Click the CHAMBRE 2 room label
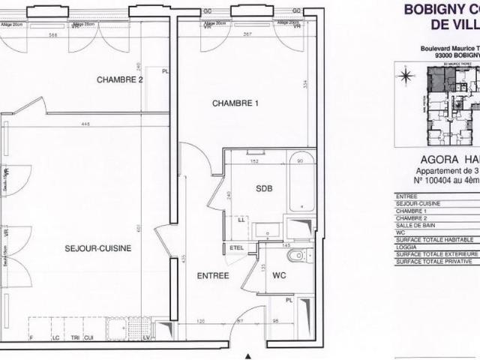click(x=119, y=79)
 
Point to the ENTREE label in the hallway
click(x=213, y=275)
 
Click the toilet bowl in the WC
click(x=297, y=256)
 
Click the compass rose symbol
click(x=406, y=76)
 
